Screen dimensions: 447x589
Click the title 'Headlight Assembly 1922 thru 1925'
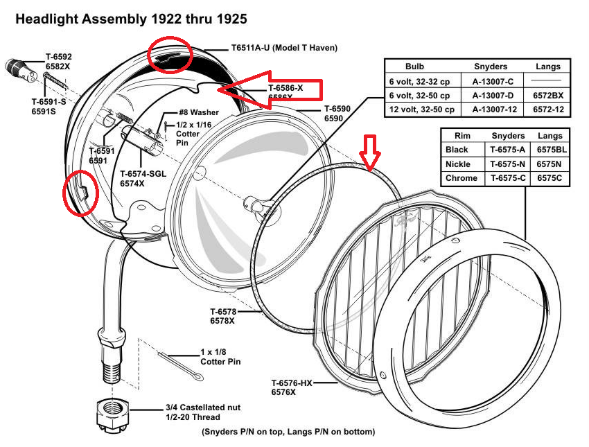click(131, 19)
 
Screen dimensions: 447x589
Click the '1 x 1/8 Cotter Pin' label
click(221, 356)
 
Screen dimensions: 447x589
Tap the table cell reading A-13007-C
click(491, 81)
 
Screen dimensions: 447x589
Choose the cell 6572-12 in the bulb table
click(548, 109)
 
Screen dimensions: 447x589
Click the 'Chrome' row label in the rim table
click(461, 178)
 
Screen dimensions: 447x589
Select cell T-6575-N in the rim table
click(509, 164)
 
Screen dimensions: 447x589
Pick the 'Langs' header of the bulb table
click(548, 67)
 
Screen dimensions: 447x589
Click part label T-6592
click(59, 56)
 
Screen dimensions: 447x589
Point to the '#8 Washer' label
click(199, 112)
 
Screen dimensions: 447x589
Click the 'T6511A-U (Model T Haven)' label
click(284, 48)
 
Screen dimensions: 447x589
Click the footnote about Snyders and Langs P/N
click(288, 432)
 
